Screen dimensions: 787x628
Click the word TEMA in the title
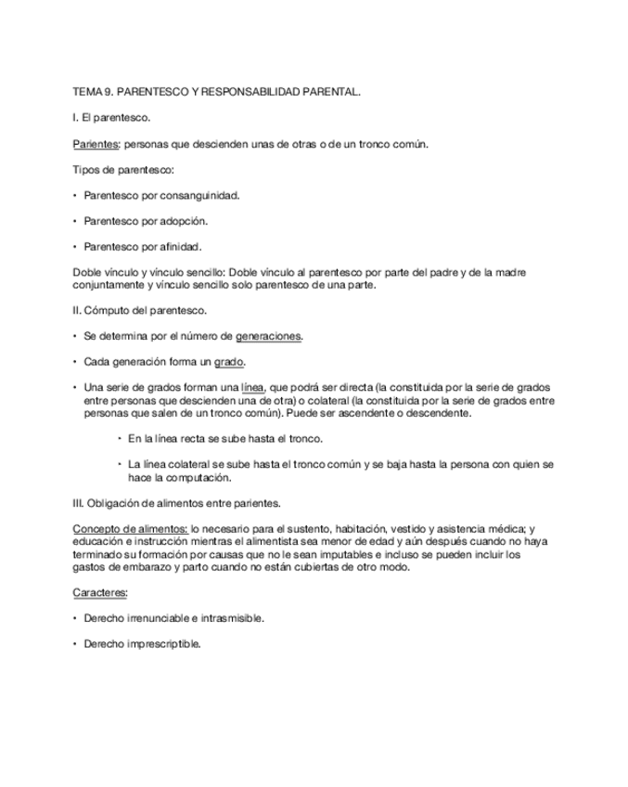[87, 94]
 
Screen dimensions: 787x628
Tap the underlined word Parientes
[96, 145]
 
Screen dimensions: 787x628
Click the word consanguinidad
[199, 196]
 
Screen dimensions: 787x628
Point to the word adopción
[184, 221]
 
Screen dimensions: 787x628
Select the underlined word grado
[229, 362]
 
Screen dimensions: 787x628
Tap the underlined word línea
[252, 387]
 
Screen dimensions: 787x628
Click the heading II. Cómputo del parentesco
[139, 311]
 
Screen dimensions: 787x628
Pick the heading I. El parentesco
[110, 119]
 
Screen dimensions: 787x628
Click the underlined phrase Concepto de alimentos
[130, 528]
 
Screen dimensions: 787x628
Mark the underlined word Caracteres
[100, 592]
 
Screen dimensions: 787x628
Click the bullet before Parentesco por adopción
[74, 221]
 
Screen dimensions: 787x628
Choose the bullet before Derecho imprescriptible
[74, 644]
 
